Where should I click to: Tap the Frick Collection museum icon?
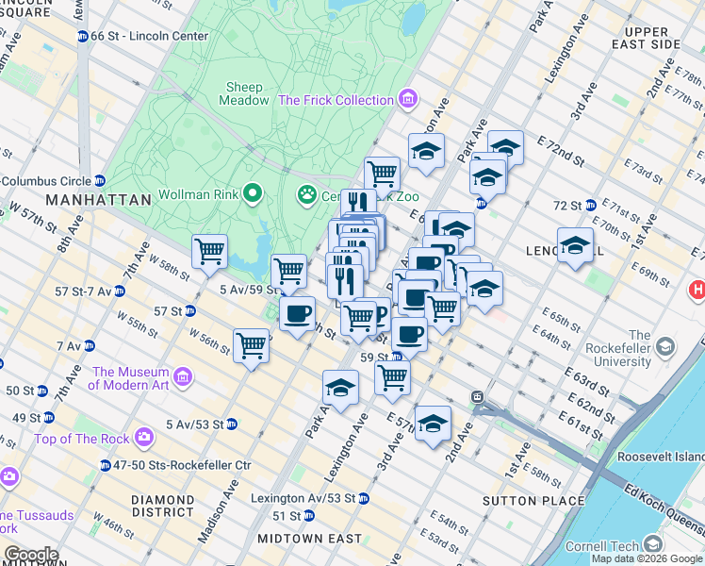[x=408, y=99]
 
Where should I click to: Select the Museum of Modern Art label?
[x=131, y=378]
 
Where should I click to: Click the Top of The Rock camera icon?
[x=143, y=437]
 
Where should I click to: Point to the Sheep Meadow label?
[x=244, y=93]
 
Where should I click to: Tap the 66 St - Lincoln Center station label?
[x=143, y=36]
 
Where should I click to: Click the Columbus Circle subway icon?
[x=100, y=181]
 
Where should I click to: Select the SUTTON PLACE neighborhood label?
[x=521, y=500]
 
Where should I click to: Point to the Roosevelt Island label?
[x=661, y=457]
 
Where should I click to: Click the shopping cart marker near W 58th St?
[x=209, y=252]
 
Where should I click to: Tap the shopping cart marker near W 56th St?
[x=251, y=345]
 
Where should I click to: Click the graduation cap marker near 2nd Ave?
[x=433, y=423]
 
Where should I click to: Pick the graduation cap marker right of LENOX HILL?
[x=575, y=245]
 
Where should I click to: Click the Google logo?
[x=31, y=555]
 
